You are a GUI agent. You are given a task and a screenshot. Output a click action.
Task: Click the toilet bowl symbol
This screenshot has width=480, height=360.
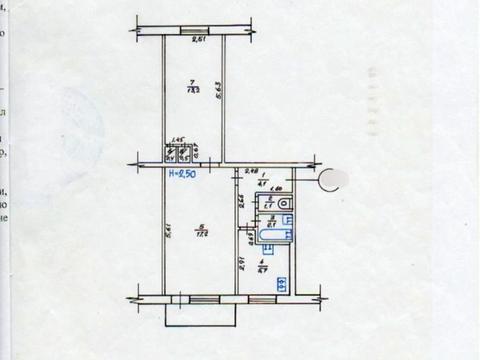click(285, 208)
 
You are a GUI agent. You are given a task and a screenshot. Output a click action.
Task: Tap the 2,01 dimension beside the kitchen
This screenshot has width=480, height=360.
click(243, 265)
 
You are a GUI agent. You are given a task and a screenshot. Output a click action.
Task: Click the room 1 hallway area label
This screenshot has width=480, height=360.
click(261, 181)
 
